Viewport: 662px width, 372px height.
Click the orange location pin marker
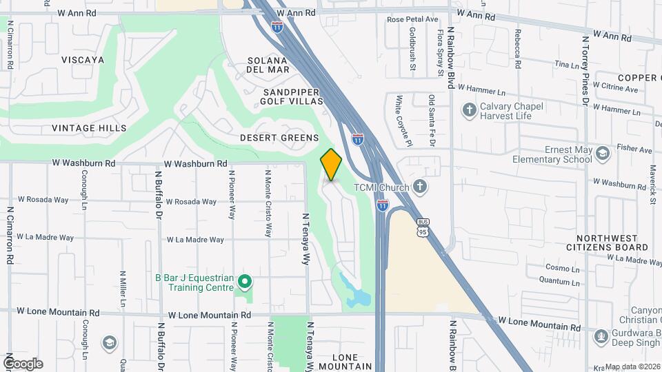click(331, 164)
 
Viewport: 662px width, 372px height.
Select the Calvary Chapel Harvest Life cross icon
click(469, 110)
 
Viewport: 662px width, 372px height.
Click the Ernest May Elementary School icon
click(603, 153)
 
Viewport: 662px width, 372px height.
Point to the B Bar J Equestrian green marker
click(243, 282)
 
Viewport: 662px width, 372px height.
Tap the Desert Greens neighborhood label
click(279, 138)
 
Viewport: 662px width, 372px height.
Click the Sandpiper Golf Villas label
click(292, 96)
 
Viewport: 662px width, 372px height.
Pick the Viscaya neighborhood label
click(83, 60)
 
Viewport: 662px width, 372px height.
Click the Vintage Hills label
click(89, 128)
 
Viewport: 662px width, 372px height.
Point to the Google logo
click(22, 364)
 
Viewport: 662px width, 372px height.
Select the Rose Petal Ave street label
click(412, 20)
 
